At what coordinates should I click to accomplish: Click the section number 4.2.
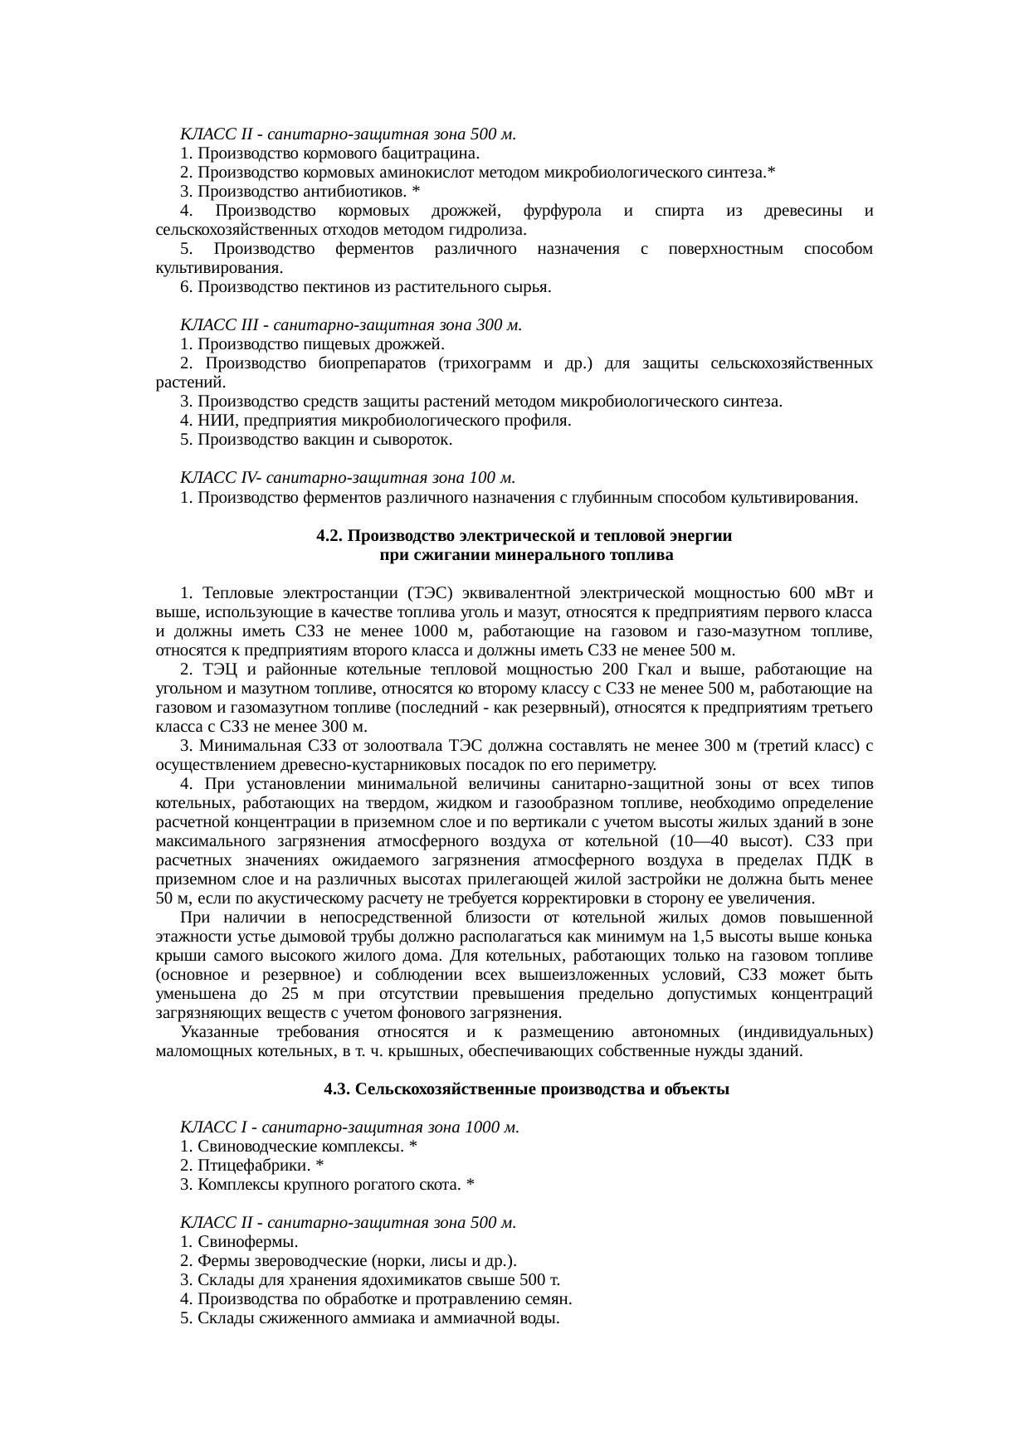329,536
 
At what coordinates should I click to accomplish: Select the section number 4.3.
337,1089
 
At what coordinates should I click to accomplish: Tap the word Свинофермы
247,1242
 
